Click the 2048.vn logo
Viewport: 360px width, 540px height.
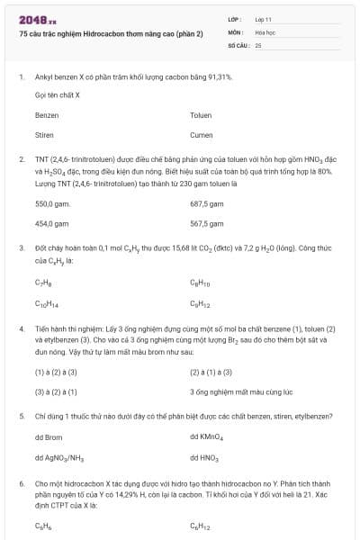click(37, 19)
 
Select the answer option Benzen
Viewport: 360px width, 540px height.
click(47, 116)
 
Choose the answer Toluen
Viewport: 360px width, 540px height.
click(201, 116)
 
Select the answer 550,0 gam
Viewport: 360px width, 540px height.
click(52, 204)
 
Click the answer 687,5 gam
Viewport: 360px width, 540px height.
click(207, 204)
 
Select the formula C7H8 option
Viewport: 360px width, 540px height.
click(43, 282)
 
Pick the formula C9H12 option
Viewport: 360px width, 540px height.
click(200, 304)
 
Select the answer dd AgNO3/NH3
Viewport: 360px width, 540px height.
click(59, 458)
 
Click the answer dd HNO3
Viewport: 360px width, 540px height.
click(204, 458)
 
